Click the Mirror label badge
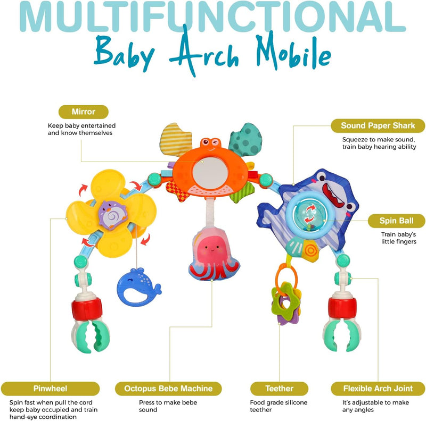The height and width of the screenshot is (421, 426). click(84, 112)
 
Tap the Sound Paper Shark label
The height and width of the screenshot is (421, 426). click(378, 125)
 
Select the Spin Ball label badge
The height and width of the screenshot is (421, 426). click(396, 221)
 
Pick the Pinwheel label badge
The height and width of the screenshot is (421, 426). click(50, 389)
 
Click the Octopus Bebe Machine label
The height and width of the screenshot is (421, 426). click(168, 389)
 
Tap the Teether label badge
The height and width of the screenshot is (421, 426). click(279, 389)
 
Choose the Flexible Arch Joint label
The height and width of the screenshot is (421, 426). click(378, 389)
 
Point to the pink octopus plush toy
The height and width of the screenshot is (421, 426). click(214, 254)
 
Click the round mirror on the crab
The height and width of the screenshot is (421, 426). click(210, 173)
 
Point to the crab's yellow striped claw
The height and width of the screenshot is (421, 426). click(175, 139)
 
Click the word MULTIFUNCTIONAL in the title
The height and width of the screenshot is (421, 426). click(212, 17)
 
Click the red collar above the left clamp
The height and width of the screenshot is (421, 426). click(87, 308)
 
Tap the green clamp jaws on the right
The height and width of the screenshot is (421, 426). click(342, 335)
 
